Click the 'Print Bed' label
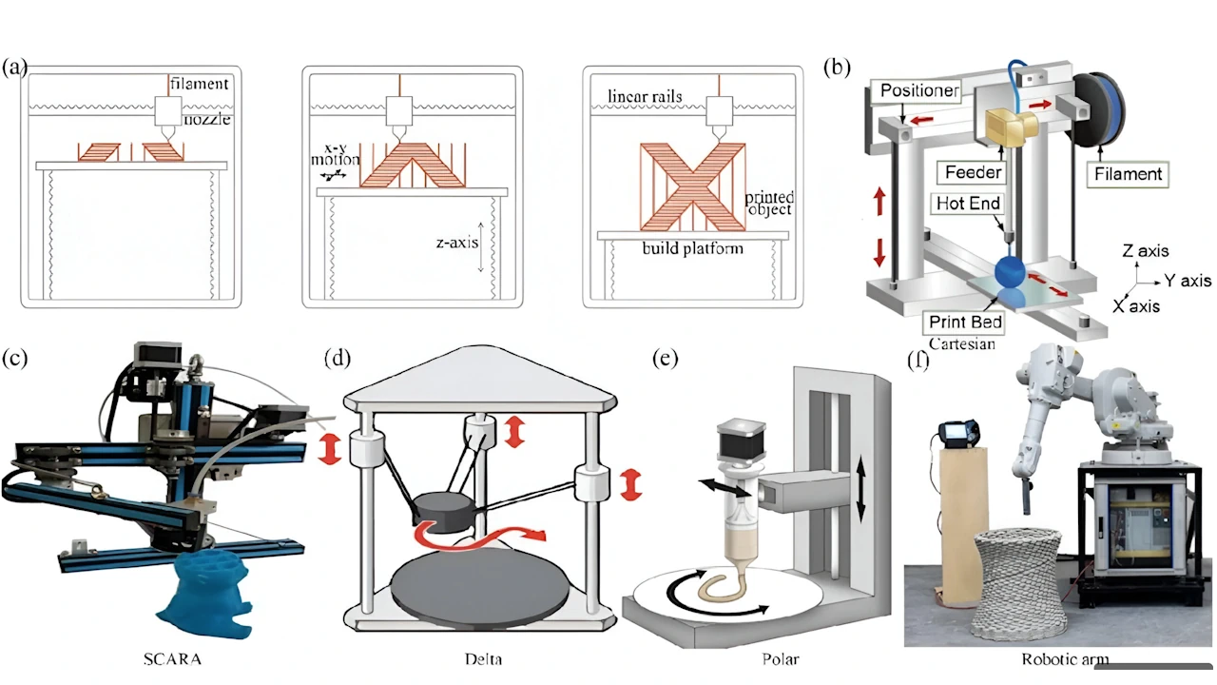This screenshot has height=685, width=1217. tap(966, 323)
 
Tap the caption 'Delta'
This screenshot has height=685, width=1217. tap(485, 658)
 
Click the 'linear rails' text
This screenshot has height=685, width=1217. tap(646, 96)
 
